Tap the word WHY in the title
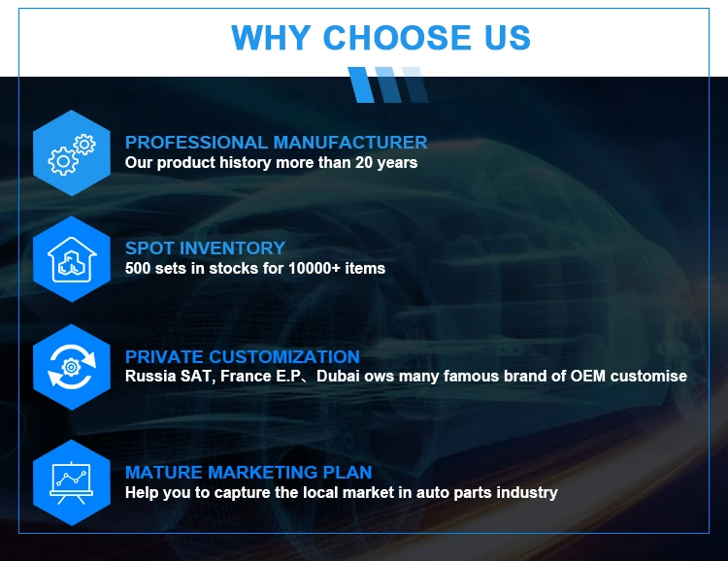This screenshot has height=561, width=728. tap(271, 38)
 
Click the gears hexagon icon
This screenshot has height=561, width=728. tap(72, 152)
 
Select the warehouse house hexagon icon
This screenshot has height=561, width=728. tap(72, 259)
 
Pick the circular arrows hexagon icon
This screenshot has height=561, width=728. tap(72, 367)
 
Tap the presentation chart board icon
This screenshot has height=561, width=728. tap(72, 482)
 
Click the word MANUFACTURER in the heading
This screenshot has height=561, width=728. tap(350, 142)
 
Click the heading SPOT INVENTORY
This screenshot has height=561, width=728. tap(205, 248)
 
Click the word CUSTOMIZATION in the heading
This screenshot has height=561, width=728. tap(284, 356)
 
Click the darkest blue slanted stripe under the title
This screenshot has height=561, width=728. tap(361, 85)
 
